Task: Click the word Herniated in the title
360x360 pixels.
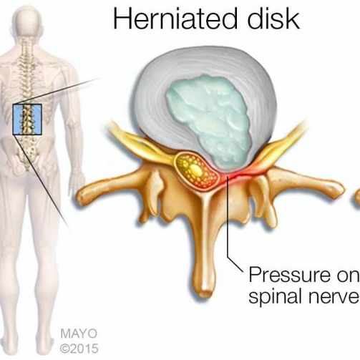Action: [175, 19]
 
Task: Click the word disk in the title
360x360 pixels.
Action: [273, 18]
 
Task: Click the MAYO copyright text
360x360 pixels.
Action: [79, 334]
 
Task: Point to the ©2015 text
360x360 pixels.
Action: [79, 349]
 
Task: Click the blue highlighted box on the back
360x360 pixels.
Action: [27, 120]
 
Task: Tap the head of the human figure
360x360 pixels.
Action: [27, 20]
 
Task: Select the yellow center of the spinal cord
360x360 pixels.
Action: [195, 170]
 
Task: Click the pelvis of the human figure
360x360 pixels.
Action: [27, 152]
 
